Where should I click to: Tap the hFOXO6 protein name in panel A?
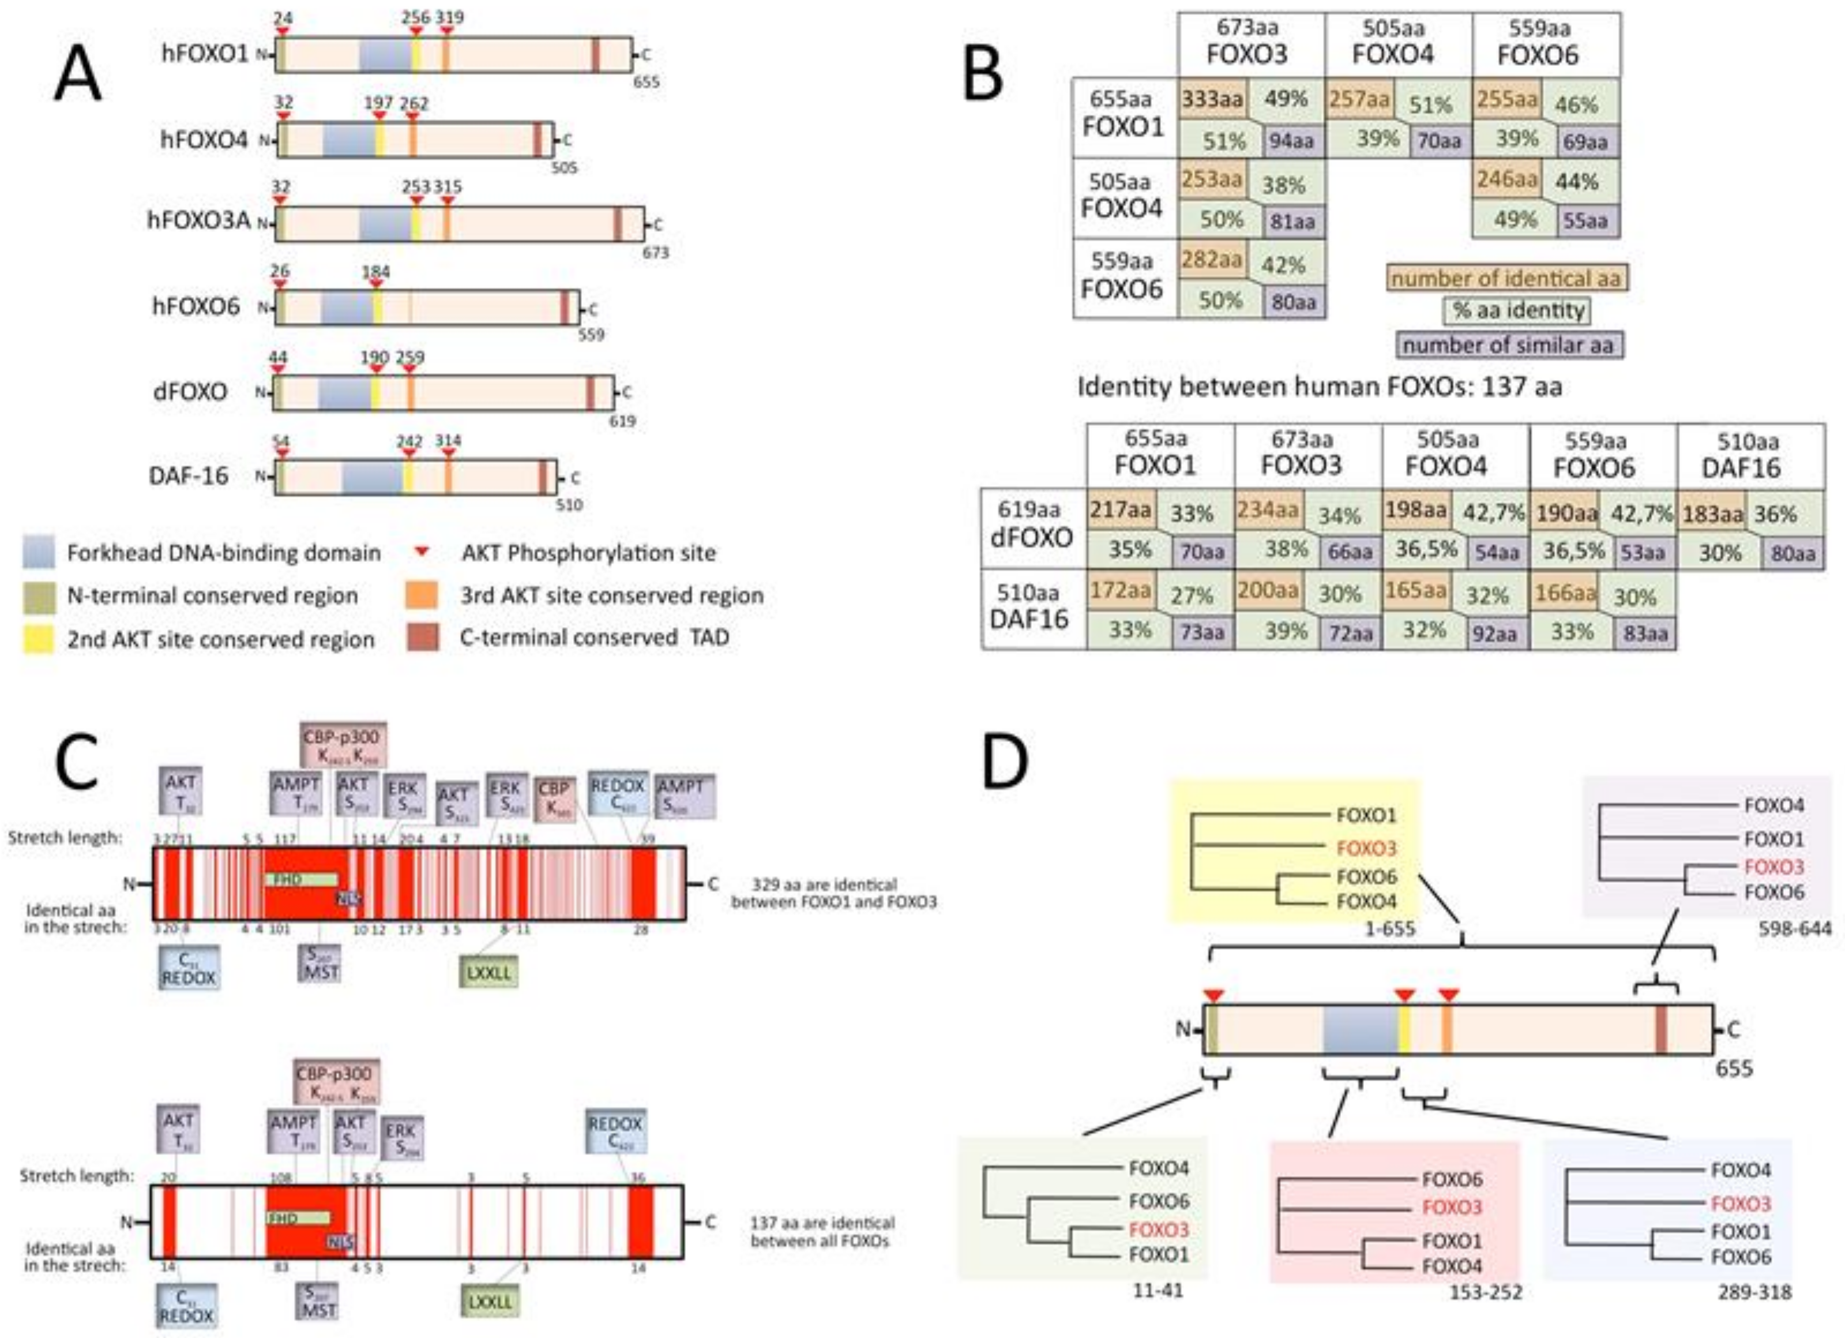[196, 307]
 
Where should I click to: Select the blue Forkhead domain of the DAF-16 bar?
[372, 476]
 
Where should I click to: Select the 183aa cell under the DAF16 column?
[1712, 513]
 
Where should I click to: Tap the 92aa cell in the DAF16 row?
[1494, 633]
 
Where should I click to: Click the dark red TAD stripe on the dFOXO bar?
[591, 392]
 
